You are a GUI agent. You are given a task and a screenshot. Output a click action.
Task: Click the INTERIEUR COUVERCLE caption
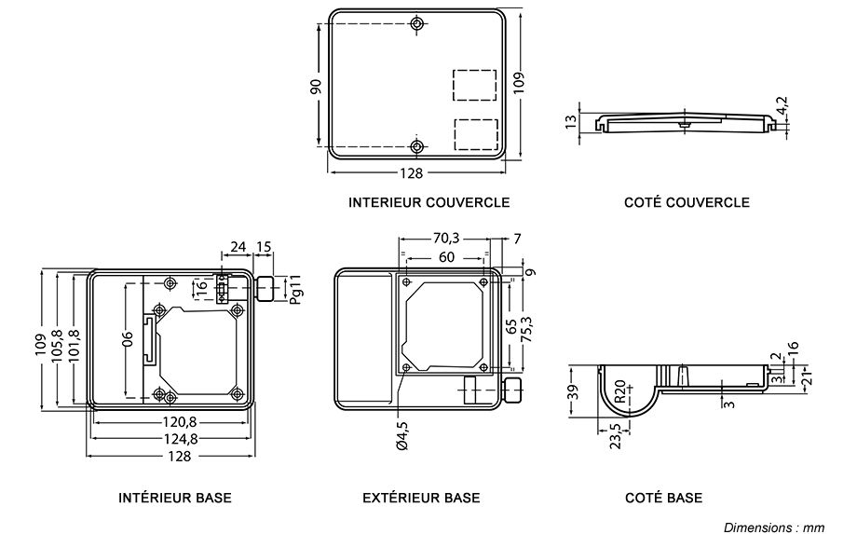[428, 201]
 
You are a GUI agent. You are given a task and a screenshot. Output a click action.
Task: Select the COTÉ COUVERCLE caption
[687, 201]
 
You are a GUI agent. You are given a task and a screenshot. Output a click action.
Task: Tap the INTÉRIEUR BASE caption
[175, 498]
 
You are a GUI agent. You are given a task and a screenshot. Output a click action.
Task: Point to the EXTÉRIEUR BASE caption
[421, 498]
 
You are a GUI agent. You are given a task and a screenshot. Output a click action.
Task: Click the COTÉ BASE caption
[664, 498]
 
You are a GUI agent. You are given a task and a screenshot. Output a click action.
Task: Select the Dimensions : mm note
[773, 527]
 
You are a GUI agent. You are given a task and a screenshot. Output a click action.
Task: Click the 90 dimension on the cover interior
[316, 86]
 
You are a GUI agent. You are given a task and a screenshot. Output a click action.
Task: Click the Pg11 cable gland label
[295, 290]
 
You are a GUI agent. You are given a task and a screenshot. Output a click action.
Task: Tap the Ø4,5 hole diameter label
[401, 435]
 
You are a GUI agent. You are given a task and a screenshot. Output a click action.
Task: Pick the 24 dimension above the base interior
[238, 247]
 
